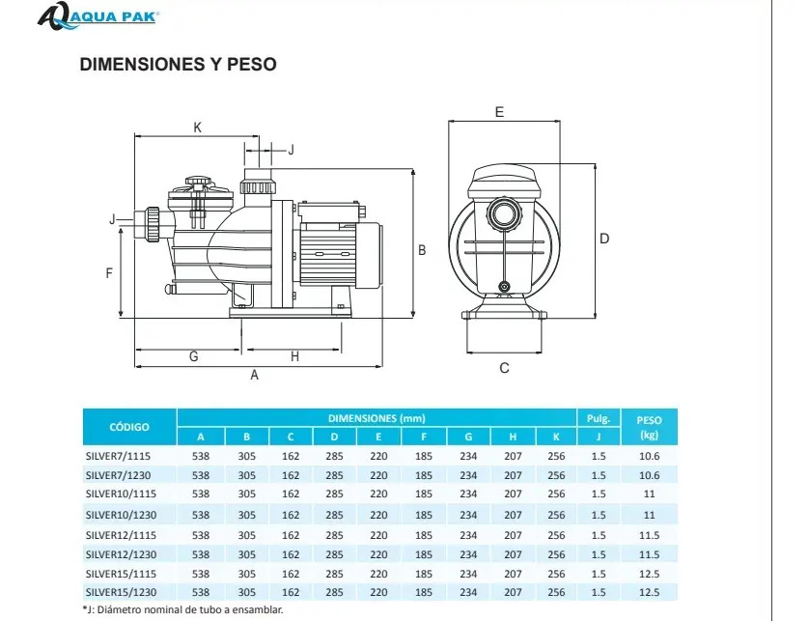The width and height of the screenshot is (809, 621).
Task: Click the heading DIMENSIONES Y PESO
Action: [178, 64]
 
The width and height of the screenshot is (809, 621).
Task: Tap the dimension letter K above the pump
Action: [197, 127]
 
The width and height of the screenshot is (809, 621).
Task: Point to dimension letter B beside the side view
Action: [422, 250]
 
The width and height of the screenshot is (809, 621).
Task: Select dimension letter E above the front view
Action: [499, 112]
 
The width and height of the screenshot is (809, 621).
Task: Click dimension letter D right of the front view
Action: [604, 239]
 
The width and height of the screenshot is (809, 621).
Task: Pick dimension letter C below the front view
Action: [504, 368]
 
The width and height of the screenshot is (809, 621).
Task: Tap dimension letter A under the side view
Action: [254, 376]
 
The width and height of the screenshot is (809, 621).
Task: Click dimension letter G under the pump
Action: [193, 356]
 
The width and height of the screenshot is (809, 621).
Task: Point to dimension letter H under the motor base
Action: [294, 356]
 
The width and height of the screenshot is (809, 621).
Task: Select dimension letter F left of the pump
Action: [109, 273]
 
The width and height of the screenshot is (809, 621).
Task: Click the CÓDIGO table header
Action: [129, 427]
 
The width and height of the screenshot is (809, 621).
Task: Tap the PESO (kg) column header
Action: [649, 427]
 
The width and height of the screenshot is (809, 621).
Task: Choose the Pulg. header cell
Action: [598, 418]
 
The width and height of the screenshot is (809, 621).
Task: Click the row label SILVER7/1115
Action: [118, 456]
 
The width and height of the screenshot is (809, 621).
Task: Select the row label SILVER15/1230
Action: [122, 592]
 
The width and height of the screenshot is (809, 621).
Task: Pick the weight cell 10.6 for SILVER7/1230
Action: [649, 475]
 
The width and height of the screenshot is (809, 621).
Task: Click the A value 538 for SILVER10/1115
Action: [201, 494]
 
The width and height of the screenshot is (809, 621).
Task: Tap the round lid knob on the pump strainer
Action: [199, 183]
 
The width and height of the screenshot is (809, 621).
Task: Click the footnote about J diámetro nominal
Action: [183, 609]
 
